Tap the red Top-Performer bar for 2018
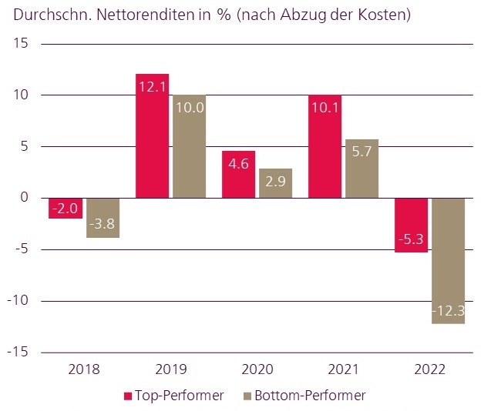click(x=66, y=209)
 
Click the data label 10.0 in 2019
click(x=189, y=108)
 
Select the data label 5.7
click(x=362, y=152)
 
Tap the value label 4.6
click(x=238, y=163)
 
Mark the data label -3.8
click(x=103, y=225)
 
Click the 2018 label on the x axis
click(x=83, y=370)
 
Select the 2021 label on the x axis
click(x=343, y=370)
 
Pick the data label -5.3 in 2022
click(x=411, y=239)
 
